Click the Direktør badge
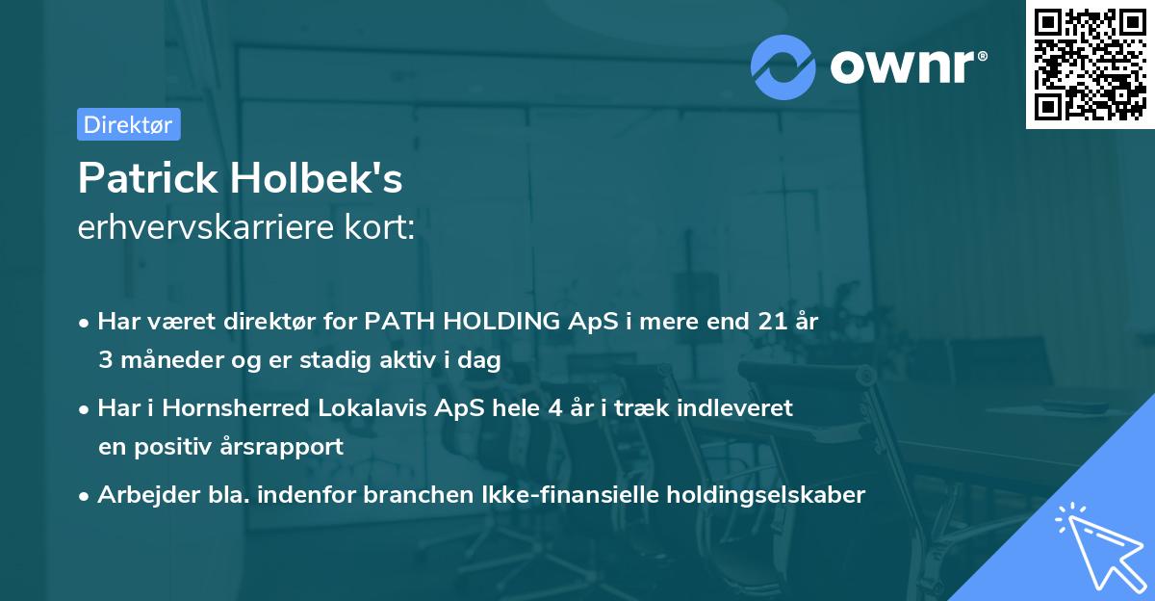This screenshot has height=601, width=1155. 128,124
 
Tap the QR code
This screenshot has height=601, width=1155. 1090,64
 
